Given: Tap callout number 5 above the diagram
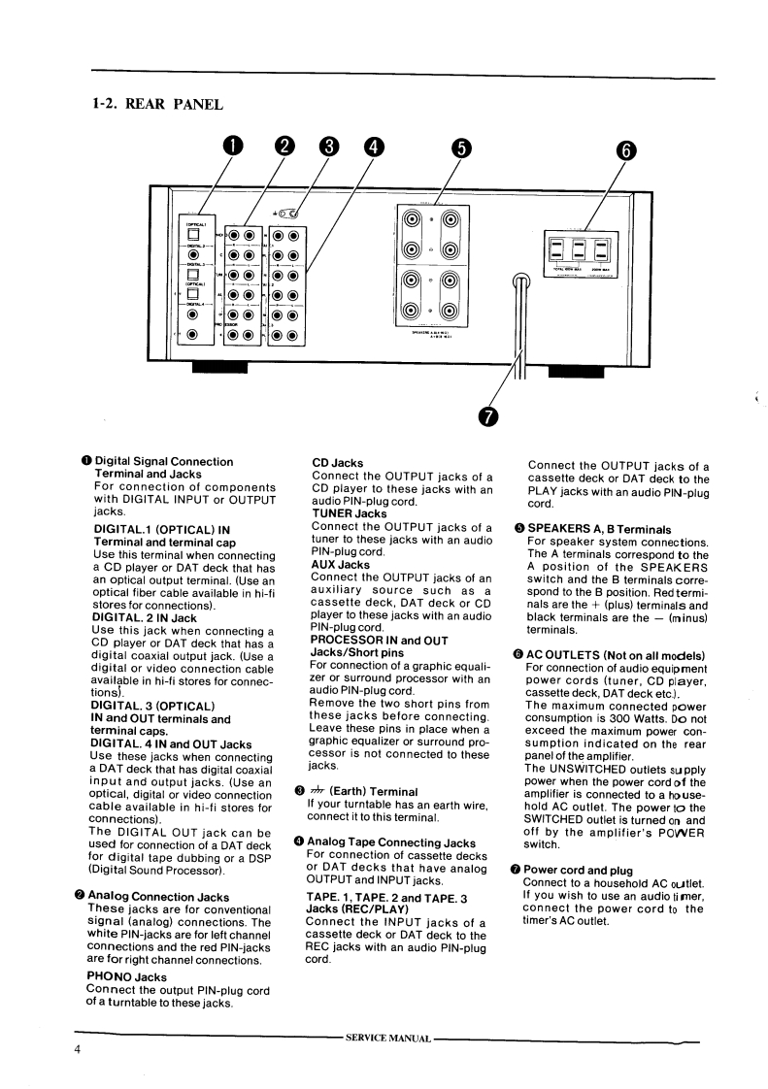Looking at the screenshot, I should click(461, 148).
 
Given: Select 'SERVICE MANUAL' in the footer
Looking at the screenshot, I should click(388, 1039).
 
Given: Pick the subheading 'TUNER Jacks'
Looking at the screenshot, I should click(350, 513).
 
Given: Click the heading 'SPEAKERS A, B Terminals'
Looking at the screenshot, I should click(599, 528).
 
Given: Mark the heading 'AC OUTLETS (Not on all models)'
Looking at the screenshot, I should click(614, 655).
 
